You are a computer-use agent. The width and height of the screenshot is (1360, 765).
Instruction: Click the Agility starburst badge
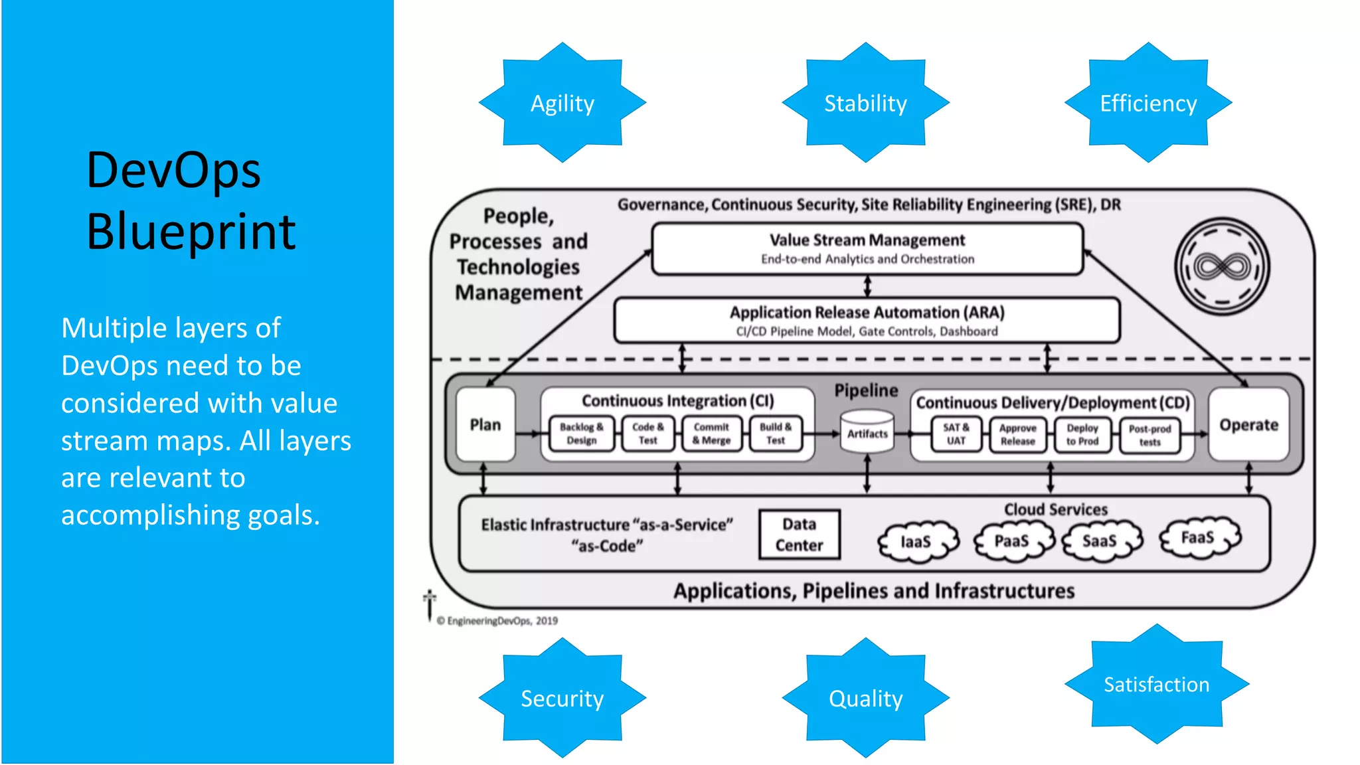pos(562,103)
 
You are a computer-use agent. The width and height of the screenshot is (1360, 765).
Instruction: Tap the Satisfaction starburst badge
pos(1156,684)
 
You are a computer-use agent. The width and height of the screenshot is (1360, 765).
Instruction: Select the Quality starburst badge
pos(865,698)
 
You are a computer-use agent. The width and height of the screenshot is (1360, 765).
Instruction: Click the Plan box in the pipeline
pos(485,425)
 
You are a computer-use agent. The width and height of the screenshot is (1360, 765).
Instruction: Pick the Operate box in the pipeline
pos(1248,425)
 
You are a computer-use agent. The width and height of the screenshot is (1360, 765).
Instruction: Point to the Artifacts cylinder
pos(867,432)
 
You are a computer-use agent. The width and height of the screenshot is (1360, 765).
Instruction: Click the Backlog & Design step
pos(582,434)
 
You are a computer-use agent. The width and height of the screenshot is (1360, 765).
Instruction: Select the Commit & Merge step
pos(711,434)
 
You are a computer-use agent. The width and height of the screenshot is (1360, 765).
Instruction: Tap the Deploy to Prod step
pos(1082,435)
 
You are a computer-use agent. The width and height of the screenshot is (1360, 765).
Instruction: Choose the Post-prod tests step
pos(1149,436)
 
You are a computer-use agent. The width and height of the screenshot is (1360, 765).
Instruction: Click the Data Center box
pos(800,535)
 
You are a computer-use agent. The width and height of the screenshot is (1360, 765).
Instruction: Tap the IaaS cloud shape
pos(916,542)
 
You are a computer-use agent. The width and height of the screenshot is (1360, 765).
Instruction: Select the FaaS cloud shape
pos(1199,538)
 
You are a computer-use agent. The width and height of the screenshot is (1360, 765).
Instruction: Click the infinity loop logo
pos(1222,267)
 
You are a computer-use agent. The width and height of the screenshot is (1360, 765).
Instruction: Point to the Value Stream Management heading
pos(867,240)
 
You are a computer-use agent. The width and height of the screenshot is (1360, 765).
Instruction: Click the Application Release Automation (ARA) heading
pos(867,312)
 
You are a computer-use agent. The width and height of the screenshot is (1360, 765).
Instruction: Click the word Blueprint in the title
pos(191,232)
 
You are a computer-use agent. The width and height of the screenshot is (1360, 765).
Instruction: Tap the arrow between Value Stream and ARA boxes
pos(867,286)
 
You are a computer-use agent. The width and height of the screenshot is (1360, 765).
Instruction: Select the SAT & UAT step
pos(956,434)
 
